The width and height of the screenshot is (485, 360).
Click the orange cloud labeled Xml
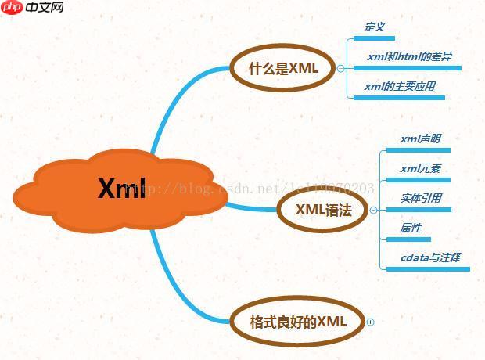(x=122, y=189)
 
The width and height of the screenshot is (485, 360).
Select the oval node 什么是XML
(x=283, y=68)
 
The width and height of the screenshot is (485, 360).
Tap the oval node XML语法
(x=322, y=210)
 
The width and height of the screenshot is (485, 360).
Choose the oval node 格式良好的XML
(x=297, y=322)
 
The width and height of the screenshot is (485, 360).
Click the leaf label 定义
(x=375, y=27)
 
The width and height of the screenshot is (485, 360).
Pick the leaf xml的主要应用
(x=399, y=86)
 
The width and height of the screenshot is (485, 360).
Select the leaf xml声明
(x=420, y=139)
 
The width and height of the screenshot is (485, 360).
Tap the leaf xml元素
(x=420, y=168)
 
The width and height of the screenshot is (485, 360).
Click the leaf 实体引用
(x=421, y=198)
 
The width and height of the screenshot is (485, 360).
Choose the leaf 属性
(x=411, y=228)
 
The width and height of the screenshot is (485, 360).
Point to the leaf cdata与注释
(x=430, y=257)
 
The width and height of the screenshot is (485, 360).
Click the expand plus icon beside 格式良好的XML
(x=371, y=322)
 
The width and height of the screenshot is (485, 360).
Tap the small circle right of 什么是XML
(x=340, y=68)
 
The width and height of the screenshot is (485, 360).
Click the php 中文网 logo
(x=33, y=9)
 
